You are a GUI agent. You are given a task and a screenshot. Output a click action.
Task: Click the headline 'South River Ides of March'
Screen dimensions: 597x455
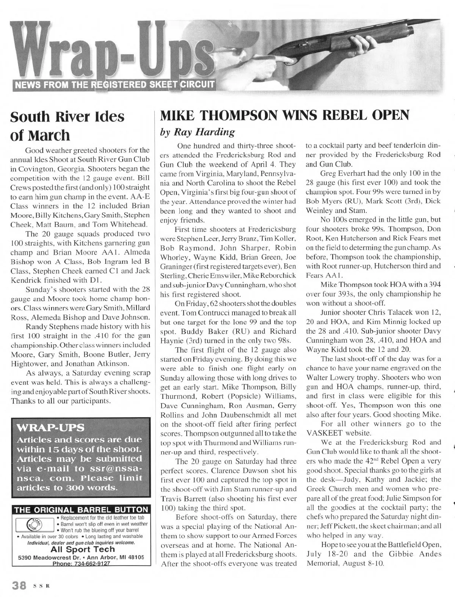[x=67, y=126]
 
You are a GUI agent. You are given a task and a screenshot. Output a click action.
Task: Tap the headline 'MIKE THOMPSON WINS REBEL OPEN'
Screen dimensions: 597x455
[x=285, y=115]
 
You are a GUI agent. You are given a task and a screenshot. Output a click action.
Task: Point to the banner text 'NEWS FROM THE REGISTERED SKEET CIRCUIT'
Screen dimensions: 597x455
[x=114, y=84]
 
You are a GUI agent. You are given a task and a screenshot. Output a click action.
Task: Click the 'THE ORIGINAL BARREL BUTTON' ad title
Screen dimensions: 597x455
[x=81, y=510]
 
